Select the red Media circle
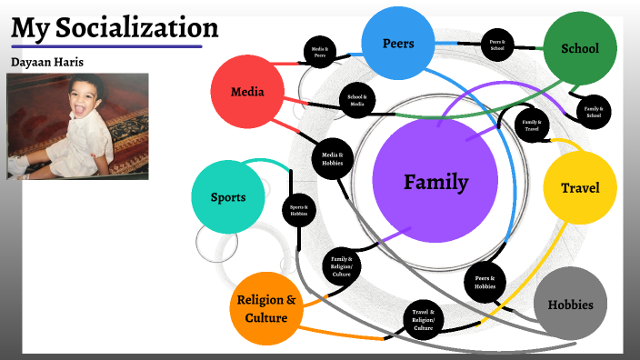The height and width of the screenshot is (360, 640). coord(247,91)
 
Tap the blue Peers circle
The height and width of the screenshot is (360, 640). coord(398,43)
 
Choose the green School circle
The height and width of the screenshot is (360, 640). coord(579,49)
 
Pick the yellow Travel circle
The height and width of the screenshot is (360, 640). coord(580,188)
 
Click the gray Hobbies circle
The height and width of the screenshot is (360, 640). coord(570,305)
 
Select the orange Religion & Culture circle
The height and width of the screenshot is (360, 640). coord(266,308)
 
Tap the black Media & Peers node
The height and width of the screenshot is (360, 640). coord(319,54)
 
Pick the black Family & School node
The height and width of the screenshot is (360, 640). coord(594,113)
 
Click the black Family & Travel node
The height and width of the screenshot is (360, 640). coord(532,125)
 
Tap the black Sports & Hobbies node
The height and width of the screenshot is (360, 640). coord(299,210)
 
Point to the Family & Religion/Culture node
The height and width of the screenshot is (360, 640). coord(342,266)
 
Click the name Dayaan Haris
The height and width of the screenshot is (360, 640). coord(45,61)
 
